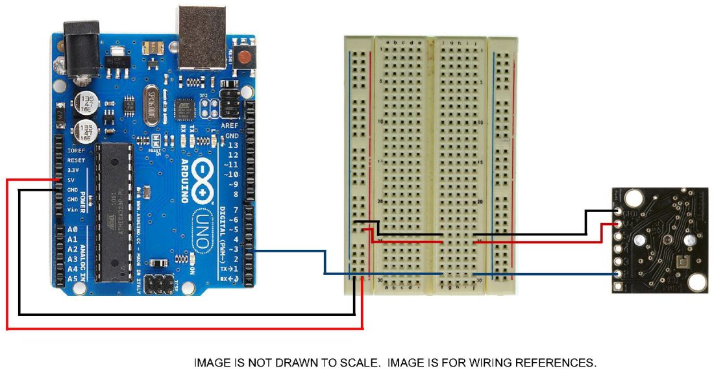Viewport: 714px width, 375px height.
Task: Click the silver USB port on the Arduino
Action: [x=199, y=36]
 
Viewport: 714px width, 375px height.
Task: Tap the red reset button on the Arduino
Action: [x=244, y=56]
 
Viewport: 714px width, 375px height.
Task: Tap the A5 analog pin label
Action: [x=73, y=278]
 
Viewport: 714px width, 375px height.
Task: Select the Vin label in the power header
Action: [x=73, y=209]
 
